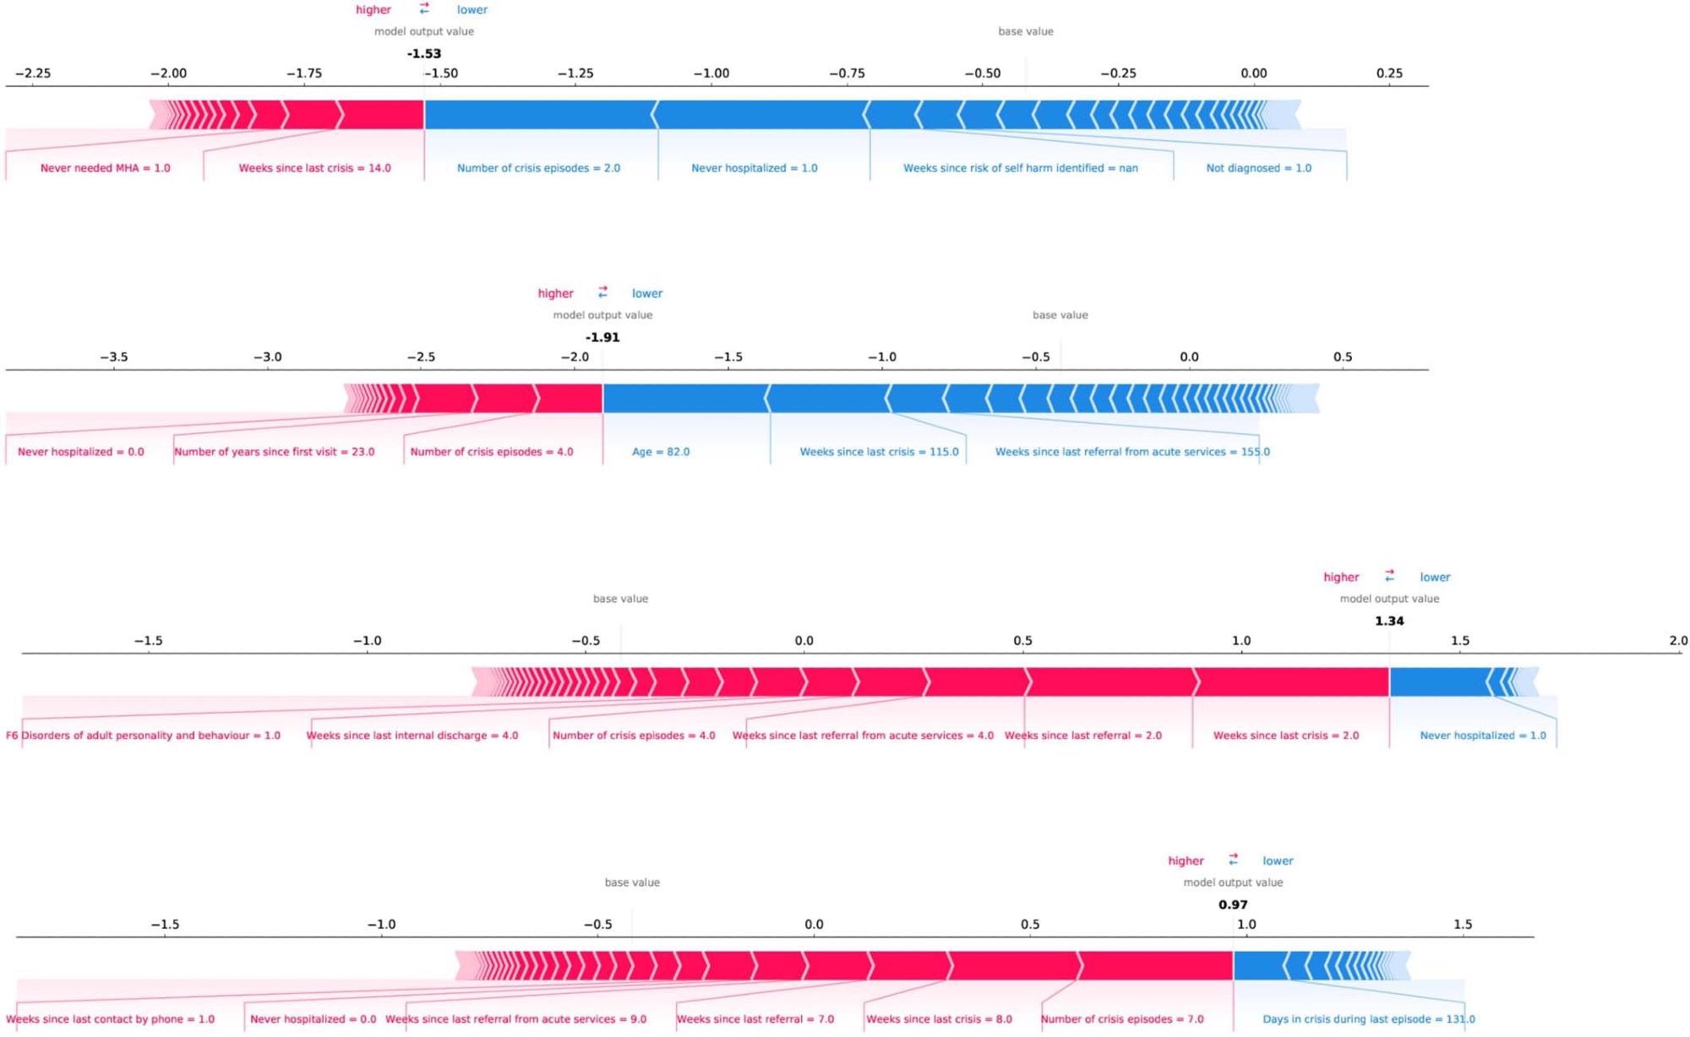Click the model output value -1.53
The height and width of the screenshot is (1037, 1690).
pos(424,53)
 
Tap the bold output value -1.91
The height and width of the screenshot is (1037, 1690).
pos(602,337)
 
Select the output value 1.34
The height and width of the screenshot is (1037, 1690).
pos(1389,621)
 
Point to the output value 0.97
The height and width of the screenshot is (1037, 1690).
pos(1233,904)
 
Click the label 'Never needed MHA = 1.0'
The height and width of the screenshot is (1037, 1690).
pos(106,168)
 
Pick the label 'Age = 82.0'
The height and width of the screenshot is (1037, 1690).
pos(661,452)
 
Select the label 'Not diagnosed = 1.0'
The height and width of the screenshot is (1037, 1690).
pos(1258,168)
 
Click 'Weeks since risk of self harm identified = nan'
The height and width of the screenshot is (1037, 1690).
pos(1020,168)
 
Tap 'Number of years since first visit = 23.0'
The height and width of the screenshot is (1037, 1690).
pos(275,452)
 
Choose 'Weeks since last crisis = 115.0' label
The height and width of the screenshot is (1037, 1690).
pos(879,452)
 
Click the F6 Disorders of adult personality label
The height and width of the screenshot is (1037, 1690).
pos(143,736)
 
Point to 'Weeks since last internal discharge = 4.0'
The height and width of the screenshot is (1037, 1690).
pos(412,736)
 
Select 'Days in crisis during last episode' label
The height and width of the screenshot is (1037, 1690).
pos(1368,1019)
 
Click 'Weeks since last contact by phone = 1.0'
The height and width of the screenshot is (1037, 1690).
pos(111,1019)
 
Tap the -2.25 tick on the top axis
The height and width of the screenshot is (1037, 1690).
pos(33,73)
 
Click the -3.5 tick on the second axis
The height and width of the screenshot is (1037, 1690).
pos(114,357)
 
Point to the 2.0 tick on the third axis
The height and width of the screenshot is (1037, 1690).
pos(1678,641)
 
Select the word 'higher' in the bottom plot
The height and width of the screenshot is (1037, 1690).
pos(1186,861)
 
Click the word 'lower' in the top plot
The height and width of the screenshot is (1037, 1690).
pos(472,10)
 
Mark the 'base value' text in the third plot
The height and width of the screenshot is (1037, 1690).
pos(620,599)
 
